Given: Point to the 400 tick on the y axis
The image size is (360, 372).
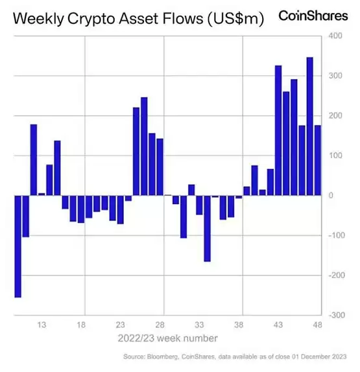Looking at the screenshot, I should point(335,36).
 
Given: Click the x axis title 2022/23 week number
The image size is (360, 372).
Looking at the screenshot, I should point(167,338).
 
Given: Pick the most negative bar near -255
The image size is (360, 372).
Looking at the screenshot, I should point(18,246).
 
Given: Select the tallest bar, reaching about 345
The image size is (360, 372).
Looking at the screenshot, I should point(309,126).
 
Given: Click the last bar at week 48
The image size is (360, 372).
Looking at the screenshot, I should point(317,160).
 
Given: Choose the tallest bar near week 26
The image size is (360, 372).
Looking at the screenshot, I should point(144,146).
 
